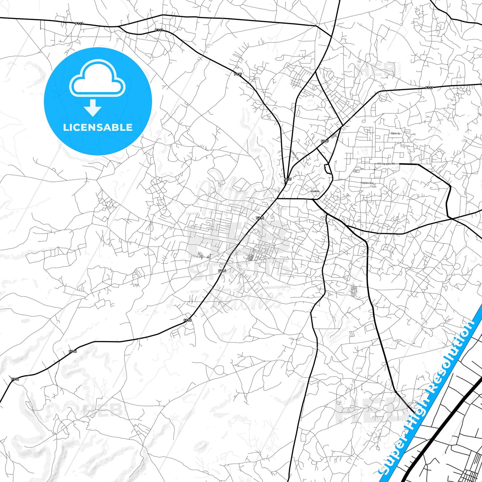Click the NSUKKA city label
click(x=315, y=191)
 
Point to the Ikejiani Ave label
click(x=367, y=183)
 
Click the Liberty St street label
click(x=295, y=155)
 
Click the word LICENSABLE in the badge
click(x=98, y=127)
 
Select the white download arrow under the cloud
click(x=93, y=107)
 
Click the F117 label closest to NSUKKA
click(x=288, y=179)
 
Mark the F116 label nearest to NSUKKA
click(x=260, y=218)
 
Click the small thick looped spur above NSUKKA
click(x=329, y=169)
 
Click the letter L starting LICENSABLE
click(x=65, y=127)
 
